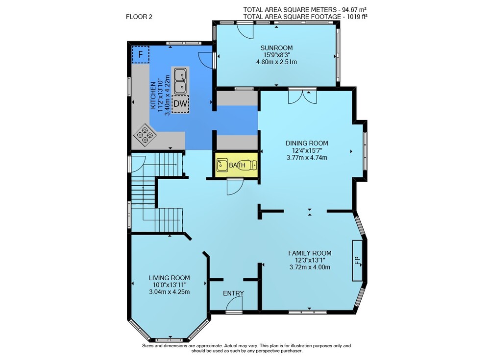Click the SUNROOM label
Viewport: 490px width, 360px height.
[x=276, y=48]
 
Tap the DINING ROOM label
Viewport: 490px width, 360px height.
[x=307, y=143]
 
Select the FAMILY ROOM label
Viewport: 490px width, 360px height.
[x=310, y=253]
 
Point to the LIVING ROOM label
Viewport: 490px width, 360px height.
[x=169, y=278]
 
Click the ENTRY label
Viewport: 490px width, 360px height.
[x=233, y=293]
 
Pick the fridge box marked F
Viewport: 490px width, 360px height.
[x=141, y=55]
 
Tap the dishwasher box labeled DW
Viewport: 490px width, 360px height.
[x=180, y=104]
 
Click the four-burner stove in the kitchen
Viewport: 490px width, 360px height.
[x=145, y=135]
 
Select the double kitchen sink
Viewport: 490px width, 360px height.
[x=180, y=81]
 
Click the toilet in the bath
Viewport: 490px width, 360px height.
[x=249, y=165]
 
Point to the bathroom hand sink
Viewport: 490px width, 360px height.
[x=222, y=165]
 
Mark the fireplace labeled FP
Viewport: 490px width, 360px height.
[x=358, y=260]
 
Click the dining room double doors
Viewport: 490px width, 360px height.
[x=302, y=97]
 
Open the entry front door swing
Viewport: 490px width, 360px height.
[x=234, y=304]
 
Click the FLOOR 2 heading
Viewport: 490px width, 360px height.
[x=139, y=17]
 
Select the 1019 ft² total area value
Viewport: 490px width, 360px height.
[x=357, y=17]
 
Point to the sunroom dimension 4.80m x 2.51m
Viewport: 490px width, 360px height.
[x=276, y=62]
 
